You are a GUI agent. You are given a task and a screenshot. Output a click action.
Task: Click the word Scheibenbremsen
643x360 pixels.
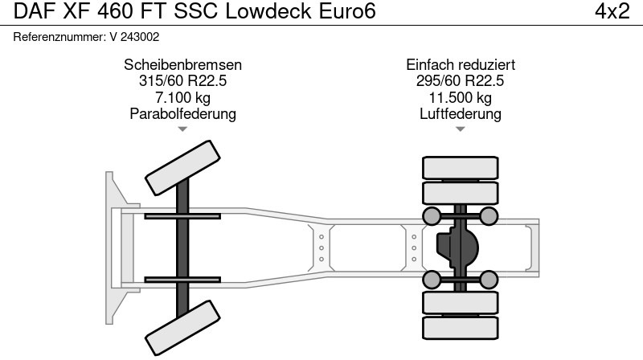click(183, 65)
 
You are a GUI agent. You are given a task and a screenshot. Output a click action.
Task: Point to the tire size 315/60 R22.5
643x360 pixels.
click(183, 81)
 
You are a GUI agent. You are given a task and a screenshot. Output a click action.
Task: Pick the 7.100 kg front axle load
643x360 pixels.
click(183, 97)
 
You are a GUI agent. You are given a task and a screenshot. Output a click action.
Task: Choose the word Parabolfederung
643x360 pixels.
click(183, 113)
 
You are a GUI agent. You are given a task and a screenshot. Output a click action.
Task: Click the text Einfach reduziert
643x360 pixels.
click(461, 65)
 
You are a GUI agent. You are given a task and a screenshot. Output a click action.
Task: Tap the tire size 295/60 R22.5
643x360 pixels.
click(461, 81)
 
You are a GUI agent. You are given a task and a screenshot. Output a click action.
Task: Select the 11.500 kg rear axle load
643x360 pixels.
click(461, 97)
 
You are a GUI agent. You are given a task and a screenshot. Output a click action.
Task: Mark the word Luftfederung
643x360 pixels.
click(461, 113)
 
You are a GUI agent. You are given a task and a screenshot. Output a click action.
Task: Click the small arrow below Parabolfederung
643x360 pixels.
click(183, 129)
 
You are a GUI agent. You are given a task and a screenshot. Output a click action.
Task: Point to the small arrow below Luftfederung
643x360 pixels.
click(461, 129)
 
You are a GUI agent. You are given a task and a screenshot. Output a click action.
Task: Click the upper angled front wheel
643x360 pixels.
click(182, 167)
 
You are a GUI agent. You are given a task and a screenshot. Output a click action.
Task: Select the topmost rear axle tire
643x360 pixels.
click(461, 167)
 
